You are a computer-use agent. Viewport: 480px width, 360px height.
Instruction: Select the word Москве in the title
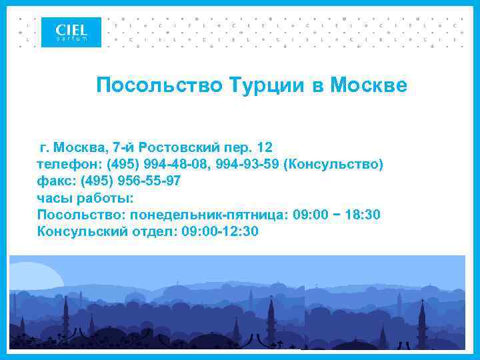368,85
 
